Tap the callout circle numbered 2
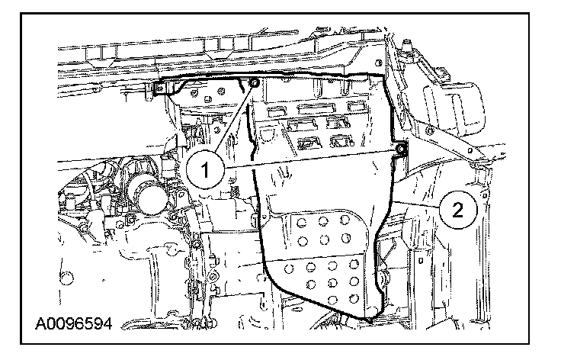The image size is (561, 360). pos(457,208)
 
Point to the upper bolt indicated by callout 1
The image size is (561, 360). pos(254,82)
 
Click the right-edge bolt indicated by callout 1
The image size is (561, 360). pos(400,148)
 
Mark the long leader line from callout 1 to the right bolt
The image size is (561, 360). pos(313,156)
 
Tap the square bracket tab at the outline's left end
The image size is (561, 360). pos(161,89)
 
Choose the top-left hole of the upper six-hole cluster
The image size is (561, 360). pos(304,223)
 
